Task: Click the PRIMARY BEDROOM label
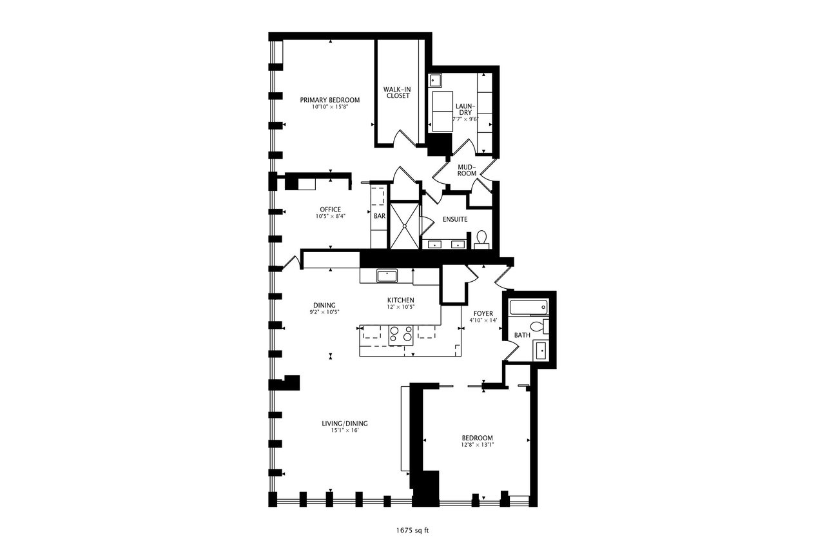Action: click(329, 100)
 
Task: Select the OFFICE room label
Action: click(331, 210)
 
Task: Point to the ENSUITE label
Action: click(455, 219)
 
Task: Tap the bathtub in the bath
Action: click(529, 307)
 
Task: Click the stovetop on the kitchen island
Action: click(401, 335)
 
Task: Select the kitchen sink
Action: click(387, 275)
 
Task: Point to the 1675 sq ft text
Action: click(412, 531)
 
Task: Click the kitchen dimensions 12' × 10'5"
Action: click(401, 307)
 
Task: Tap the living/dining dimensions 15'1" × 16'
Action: click(345, 430)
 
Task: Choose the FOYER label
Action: click(483, 313)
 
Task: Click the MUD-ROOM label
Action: click(467, 170)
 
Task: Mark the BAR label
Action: click(380, 216)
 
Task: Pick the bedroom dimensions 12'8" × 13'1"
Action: click(478, 445)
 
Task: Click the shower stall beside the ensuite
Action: click(404, 226)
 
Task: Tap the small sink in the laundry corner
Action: click(435, 80)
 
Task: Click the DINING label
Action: click(324, 306)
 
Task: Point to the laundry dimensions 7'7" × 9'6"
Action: click(465, 119)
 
